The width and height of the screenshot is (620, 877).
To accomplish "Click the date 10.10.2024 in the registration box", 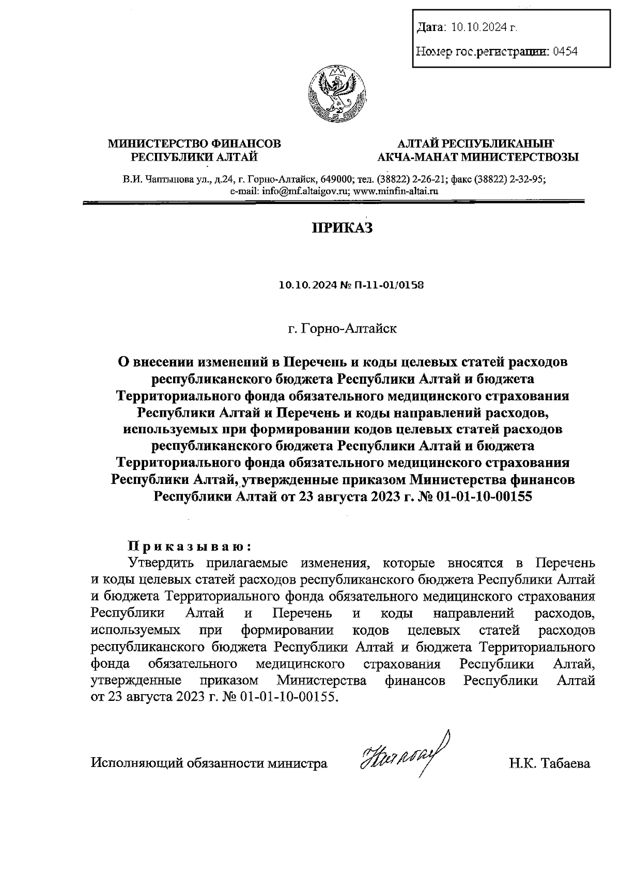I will (x=483, y=27).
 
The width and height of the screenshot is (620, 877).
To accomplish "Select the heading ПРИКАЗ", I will (x=340, y=228).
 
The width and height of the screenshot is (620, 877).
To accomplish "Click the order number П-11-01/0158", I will (x=388, y=285).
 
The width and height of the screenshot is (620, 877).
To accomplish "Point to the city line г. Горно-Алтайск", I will (x=343, y=328).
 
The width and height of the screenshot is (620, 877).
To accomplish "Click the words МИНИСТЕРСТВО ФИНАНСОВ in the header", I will (x=194, y=144).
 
